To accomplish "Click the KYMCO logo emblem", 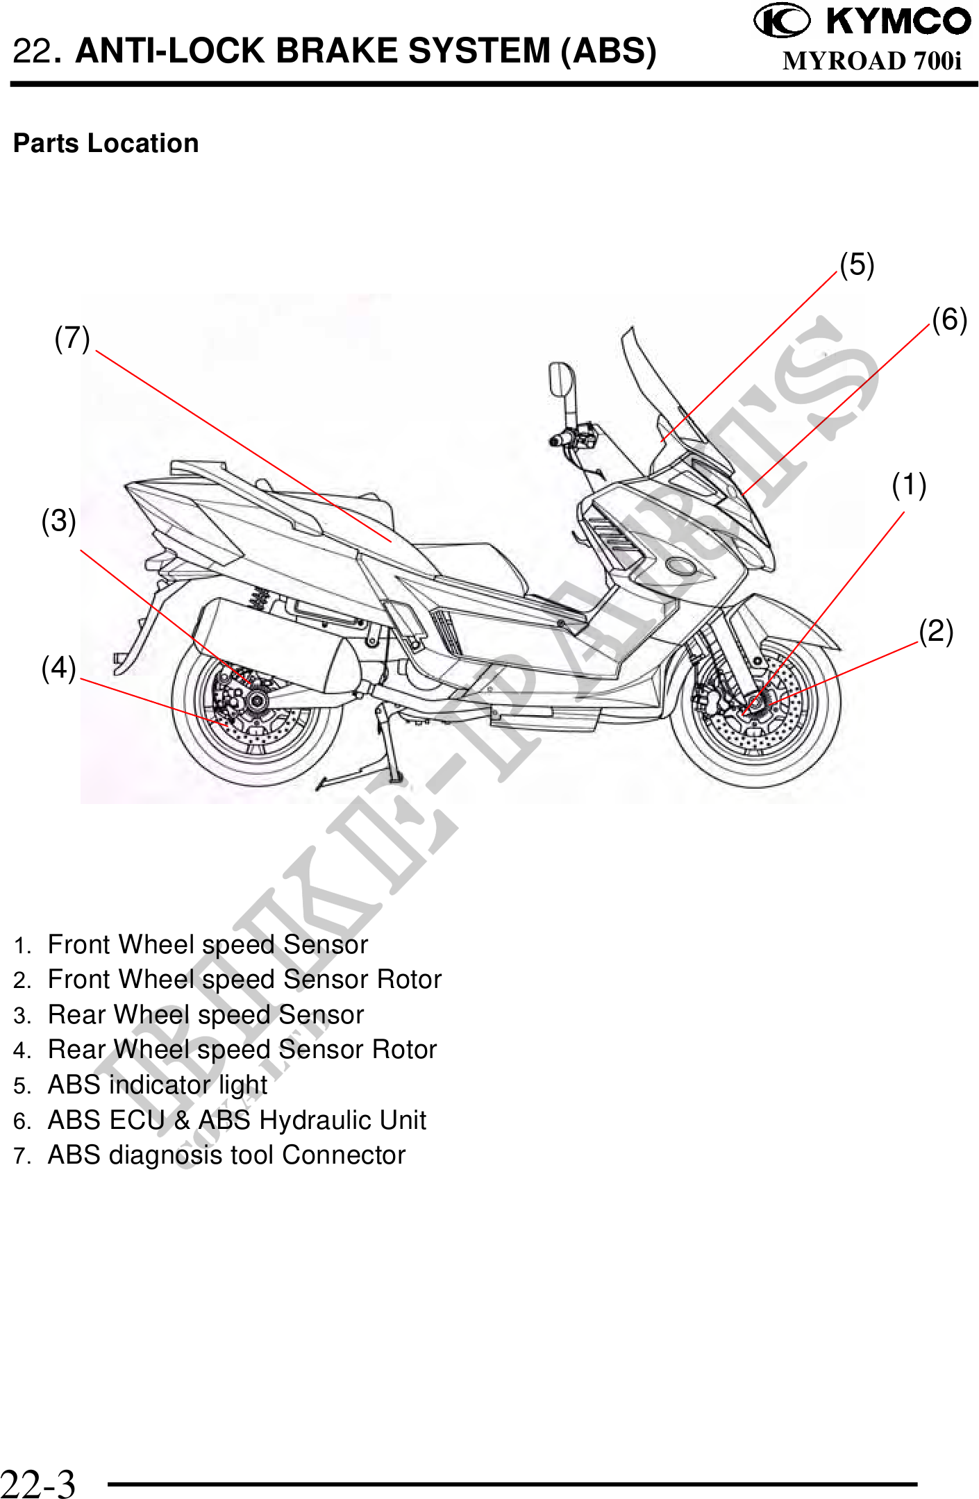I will coord(781,20).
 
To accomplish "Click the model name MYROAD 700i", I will coord(872,61).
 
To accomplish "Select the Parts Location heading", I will coord(106,143).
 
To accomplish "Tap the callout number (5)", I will coord(857,265).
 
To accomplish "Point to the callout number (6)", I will coord(949,319).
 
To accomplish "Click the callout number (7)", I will coord(72,338).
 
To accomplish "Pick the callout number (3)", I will coord(58,521).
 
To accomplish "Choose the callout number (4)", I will coord(58,668).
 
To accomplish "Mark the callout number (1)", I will coord(909,485).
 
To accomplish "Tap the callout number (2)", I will coord(936,631).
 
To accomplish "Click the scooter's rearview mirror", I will coord(561,379).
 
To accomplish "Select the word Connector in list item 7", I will coord(344,1155).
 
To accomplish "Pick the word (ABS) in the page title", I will coord(608,51).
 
